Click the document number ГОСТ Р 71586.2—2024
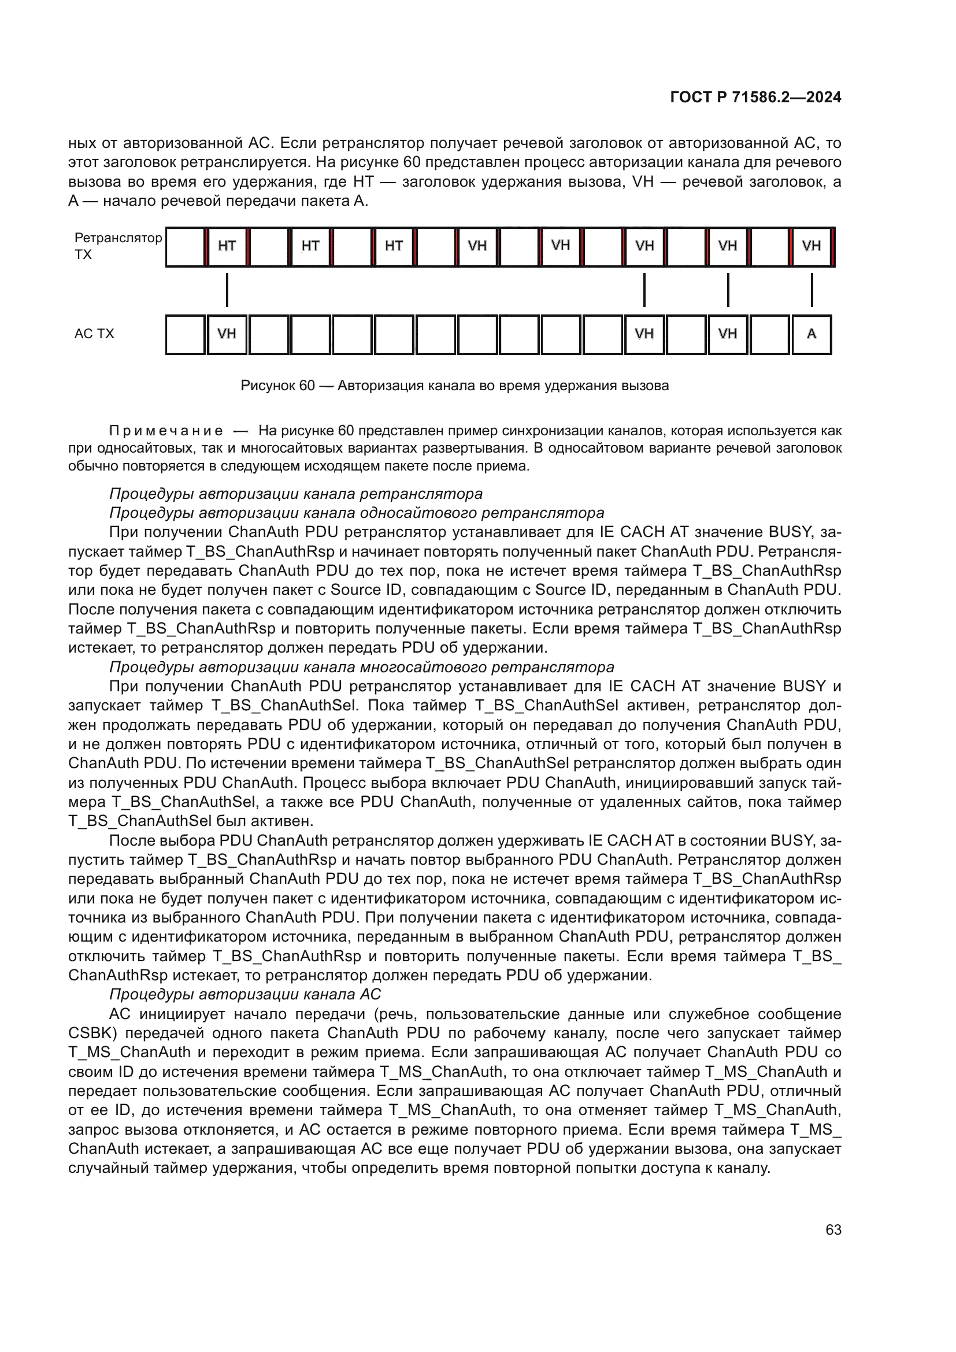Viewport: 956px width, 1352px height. (x=755, y=98)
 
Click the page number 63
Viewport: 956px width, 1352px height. (x=833, y=1229)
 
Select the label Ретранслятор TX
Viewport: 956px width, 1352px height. (x=118, y=246)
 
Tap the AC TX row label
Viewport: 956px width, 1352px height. (x=94, y=334)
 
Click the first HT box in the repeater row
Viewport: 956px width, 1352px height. (x=227, y=246)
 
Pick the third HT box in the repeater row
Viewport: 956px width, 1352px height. (x=394, y=246)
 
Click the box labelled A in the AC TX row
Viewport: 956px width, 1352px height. (x=811, y=334)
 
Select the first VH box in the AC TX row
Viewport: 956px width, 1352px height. (x=227, y=334)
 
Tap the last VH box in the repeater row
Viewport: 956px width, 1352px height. (x=811, y=246)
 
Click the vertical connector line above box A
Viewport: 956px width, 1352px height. (x=812, y=290)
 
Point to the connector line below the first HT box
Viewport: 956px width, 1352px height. (x=227, y=290)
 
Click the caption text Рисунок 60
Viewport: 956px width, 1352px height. (x=278, y=386)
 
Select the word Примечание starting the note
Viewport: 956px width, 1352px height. (x=166, y=431)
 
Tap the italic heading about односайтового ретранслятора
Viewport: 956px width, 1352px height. (x=357, y=513)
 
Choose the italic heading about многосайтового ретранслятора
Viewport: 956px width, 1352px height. (x=361, y=667)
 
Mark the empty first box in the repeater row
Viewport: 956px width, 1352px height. (x=186, y=246)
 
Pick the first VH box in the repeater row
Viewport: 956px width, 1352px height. (x=477, y=246)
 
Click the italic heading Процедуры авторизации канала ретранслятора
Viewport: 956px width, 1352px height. (x=296, y=494)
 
